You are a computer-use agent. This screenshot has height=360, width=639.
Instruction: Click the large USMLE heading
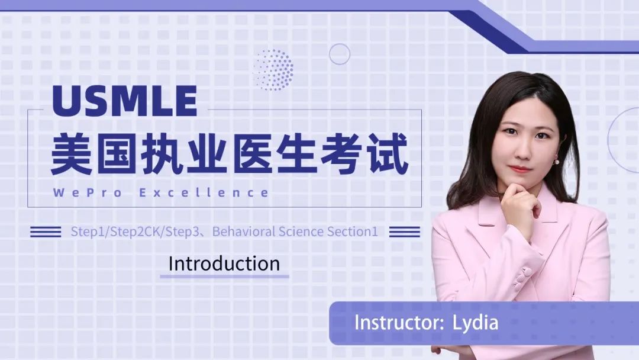[125, 101]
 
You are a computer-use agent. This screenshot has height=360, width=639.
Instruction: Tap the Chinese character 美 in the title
[72, 155]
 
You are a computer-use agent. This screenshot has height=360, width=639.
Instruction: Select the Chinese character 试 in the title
[388, 155]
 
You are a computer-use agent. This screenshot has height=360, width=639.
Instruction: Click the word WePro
[88, 193]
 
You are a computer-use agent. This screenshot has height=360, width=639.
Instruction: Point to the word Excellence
[204, 193]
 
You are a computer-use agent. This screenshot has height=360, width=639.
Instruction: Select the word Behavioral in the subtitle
[244, 232]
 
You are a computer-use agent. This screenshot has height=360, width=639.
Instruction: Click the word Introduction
[224, 263]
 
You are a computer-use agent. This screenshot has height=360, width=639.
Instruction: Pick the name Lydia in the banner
[475, 323]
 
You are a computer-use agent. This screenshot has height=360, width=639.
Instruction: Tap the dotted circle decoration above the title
[273, 70]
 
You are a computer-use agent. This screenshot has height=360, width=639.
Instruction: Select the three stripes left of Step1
[46, 232]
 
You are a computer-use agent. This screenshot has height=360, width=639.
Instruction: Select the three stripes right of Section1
[405, 232]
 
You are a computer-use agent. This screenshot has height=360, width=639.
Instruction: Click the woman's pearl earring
[557, 162]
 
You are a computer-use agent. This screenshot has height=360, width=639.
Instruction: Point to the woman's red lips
[521, 169]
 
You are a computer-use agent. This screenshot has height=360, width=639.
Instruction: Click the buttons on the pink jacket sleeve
[522, 278]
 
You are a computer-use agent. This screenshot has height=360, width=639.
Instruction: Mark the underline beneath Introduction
[225, 277]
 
